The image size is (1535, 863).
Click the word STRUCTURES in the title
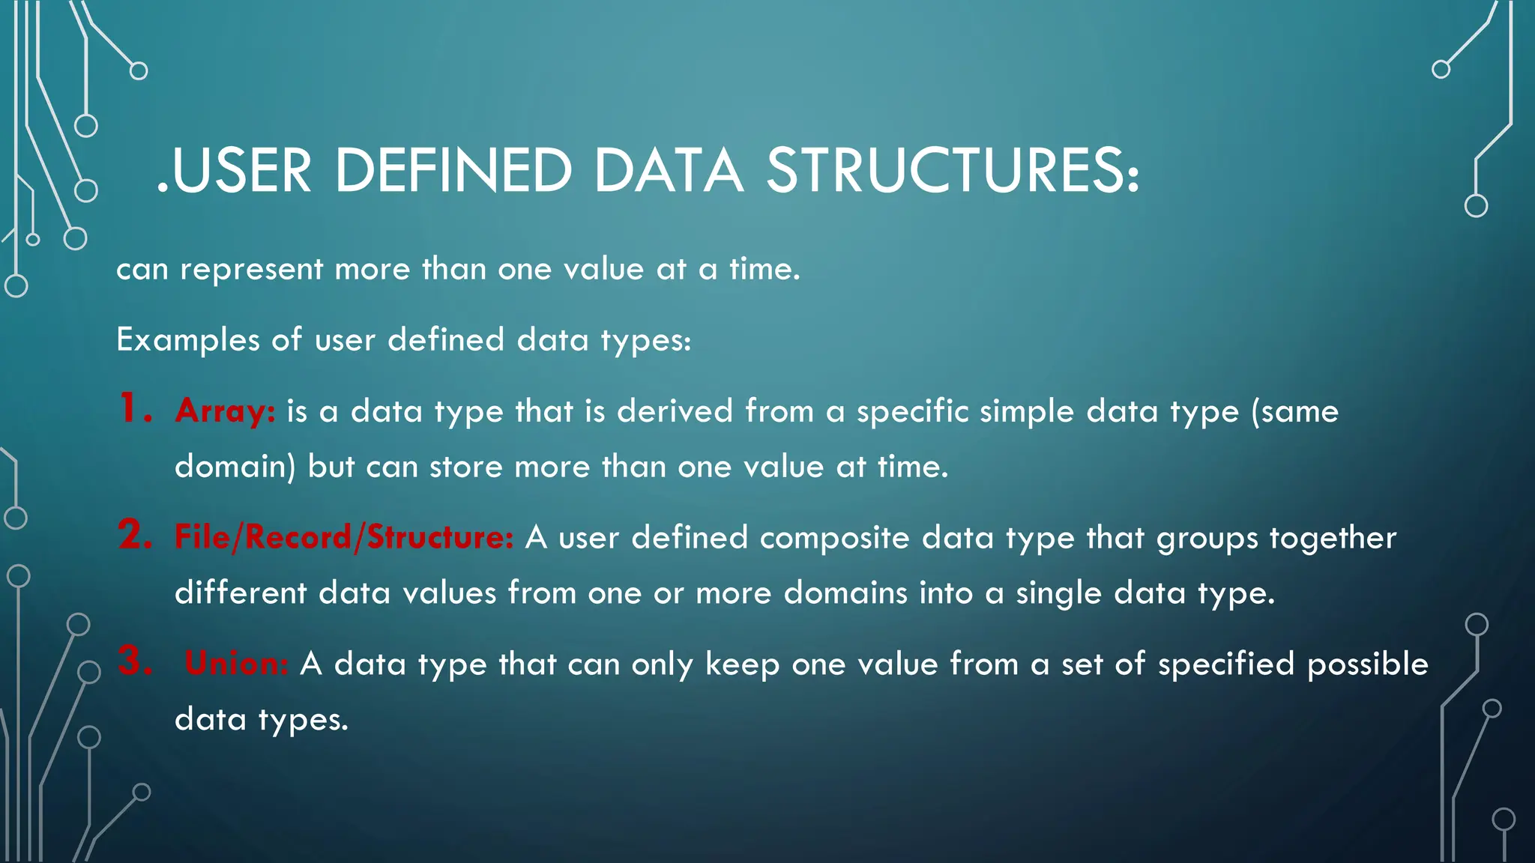952,171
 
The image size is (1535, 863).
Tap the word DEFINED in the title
453,171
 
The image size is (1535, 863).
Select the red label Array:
225,411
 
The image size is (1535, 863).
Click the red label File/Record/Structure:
344,538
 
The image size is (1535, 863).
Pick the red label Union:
236,664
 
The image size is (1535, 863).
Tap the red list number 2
135,535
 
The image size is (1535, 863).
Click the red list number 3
135,661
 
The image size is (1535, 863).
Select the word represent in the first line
251,270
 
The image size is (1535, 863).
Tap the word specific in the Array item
912,412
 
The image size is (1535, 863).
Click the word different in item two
241,593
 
